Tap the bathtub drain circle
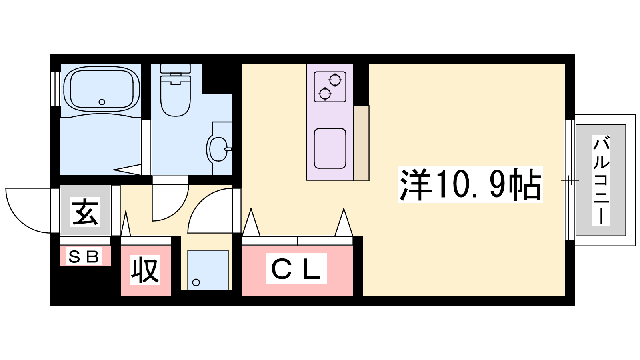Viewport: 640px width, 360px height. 102,102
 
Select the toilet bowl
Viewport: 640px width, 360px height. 176,96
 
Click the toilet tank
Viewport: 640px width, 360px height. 176,68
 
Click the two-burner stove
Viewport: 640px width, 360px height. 330,87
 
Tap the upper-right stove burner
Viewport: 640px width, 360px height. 335,80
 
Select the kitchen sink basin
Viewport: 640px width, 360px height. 330,148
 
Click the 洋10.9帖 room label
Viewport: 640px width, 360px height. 470,184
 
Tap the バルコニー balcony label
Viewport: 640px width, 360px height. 601,180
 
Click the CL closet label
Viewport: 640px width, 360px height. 296,268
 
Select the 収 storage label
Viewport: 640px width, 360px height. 145,270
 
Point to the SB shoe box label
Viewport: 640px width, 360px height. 84,256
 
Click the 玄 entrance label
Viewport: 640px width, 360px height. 85,212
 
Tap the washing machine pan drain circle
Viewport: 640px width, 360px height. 196,282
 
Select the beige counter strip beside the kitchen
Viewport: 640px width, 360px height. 362,143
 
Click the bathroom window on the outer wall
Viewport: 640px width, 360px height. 56,89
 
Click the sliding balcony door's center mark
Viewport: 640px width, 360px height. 570,180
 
